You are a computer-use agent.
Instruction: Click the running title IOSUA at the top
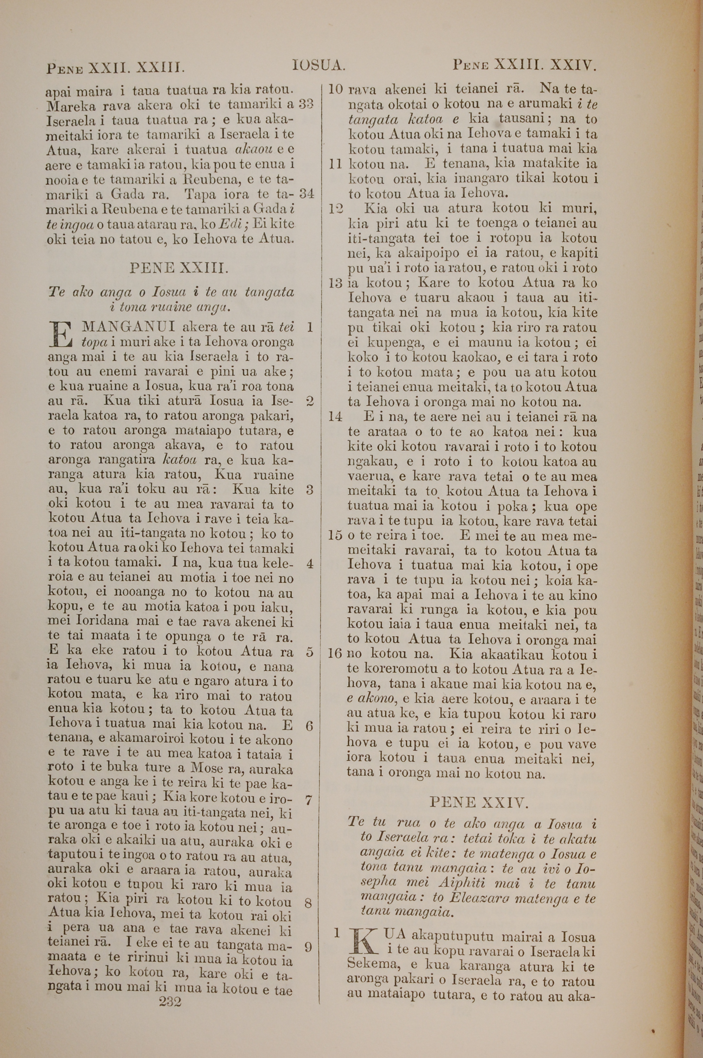(x=318, y=66)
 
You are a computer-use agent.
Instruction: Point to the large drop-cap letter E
(x=62, y=335)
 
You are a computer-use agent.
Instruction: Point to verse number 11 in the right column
(x=336, y=164)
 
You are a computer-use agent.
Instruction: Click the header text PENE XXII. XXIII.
(x=115, y=68)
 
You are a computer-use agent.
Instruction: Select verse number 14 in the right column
(x=335, y=417)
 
